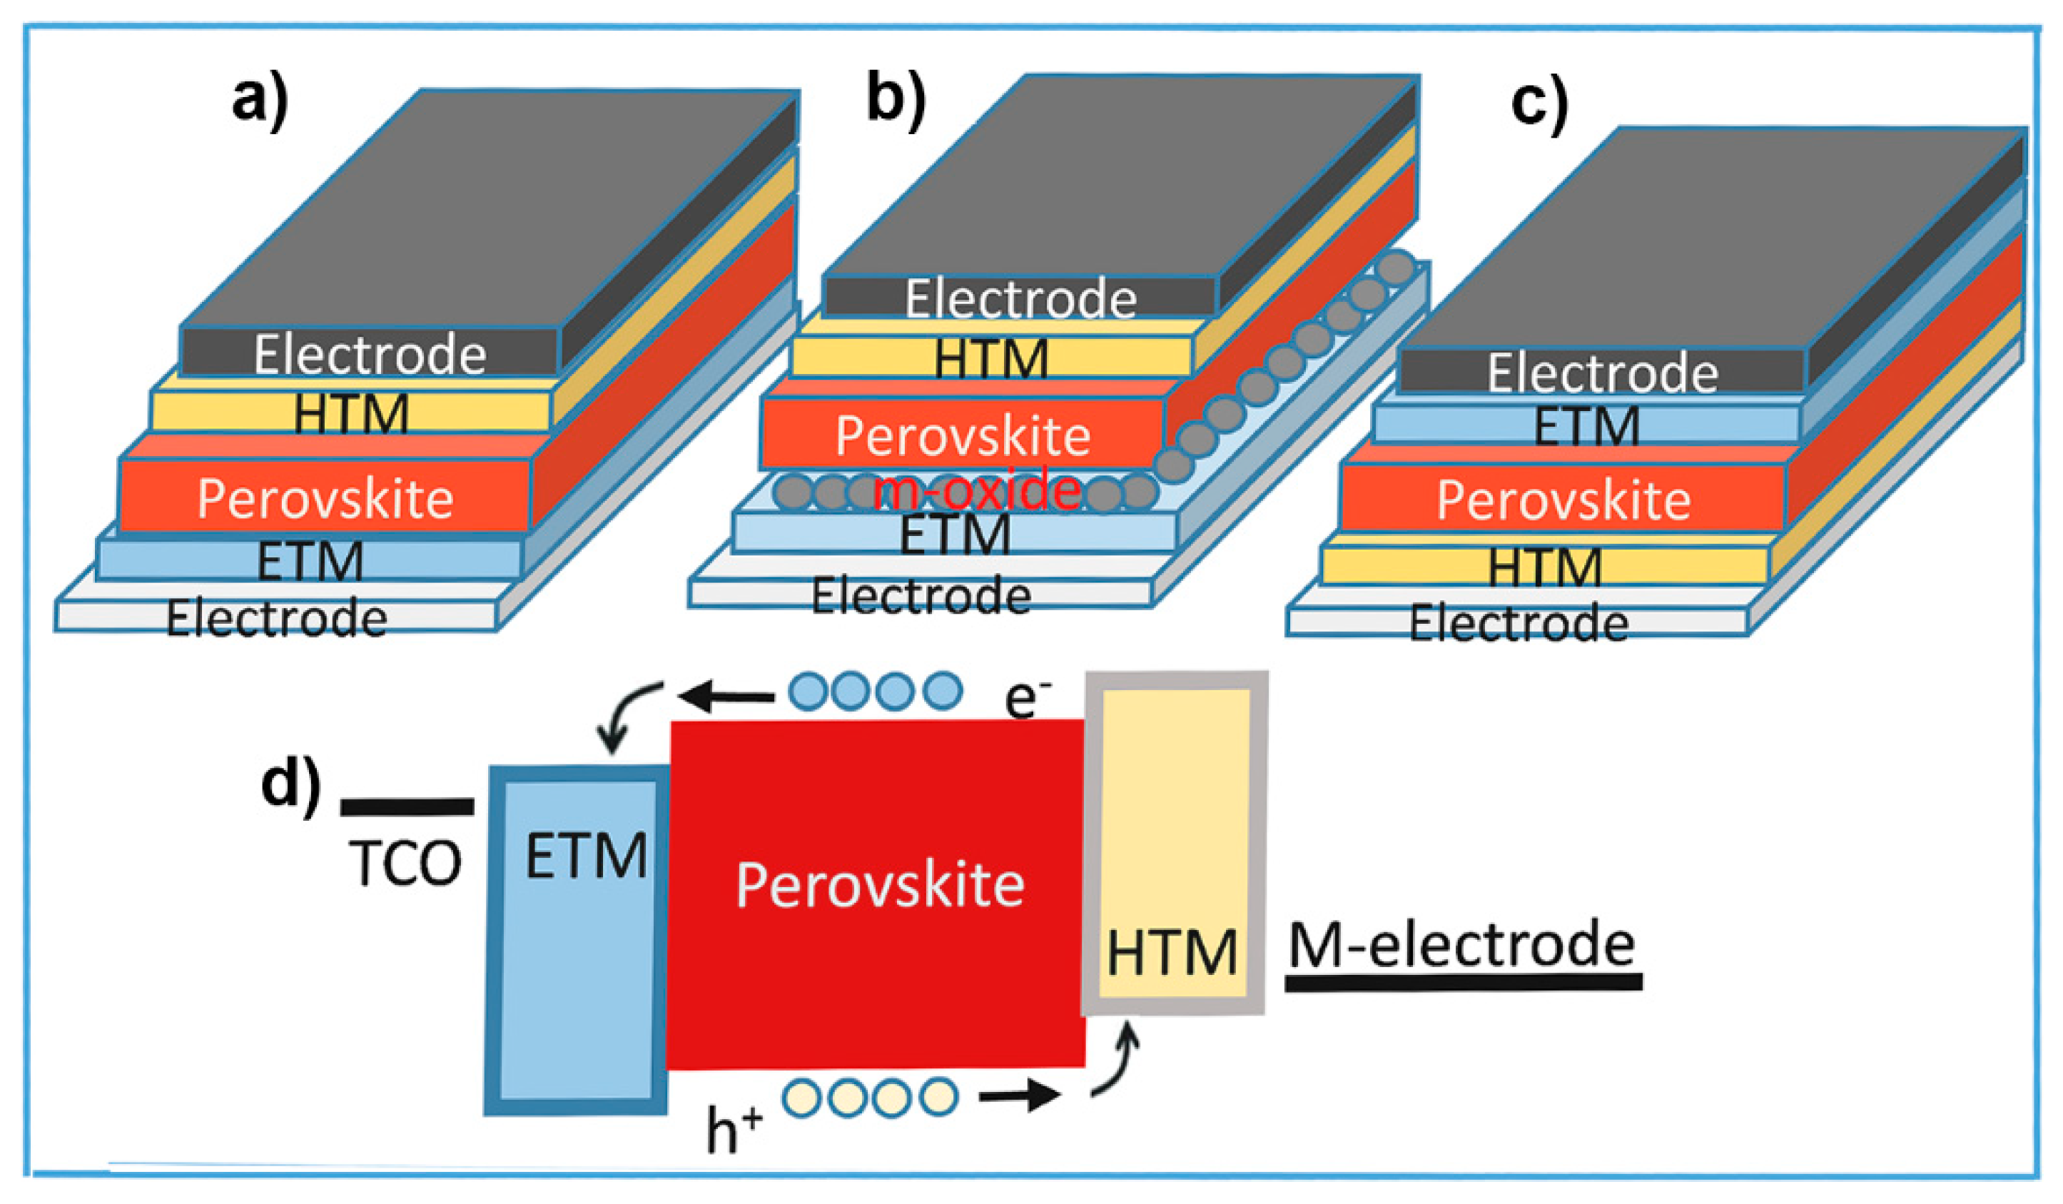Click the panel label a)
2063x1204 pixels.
[260, 103]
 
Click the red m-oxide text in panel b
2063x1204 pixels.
[978, 491]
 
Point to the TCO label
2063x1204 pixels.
[405, 864]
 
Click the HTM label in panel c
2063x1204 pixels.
[1544, 567]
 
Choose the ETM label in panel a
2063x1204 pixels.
[310, 562]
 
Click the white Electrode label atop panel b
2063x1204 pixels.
[1020, 299]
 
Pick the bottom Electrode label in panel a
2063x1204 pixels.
[277, 619]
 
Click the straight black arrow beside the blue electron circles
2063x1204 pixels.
[727, 698]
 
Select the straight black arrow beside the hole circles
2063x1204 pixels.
[1020, 1094]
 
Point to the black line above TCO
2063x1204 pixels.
[407, 807]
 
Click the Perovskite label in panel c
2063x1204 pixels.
[1563, 500]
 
